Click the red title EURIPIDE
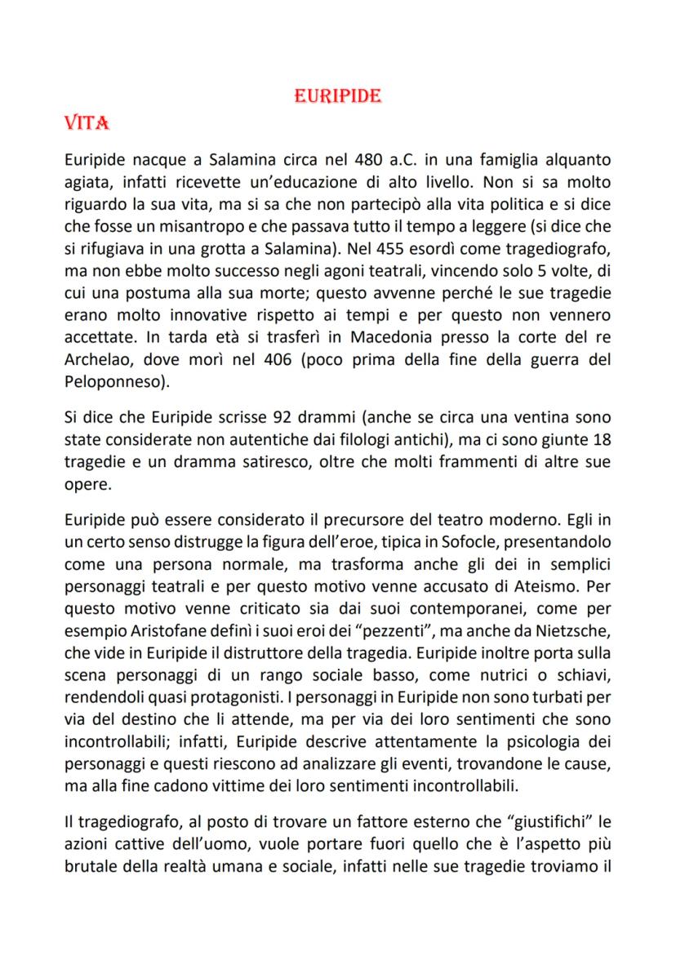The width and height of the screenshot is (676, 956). coord(338,96)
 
